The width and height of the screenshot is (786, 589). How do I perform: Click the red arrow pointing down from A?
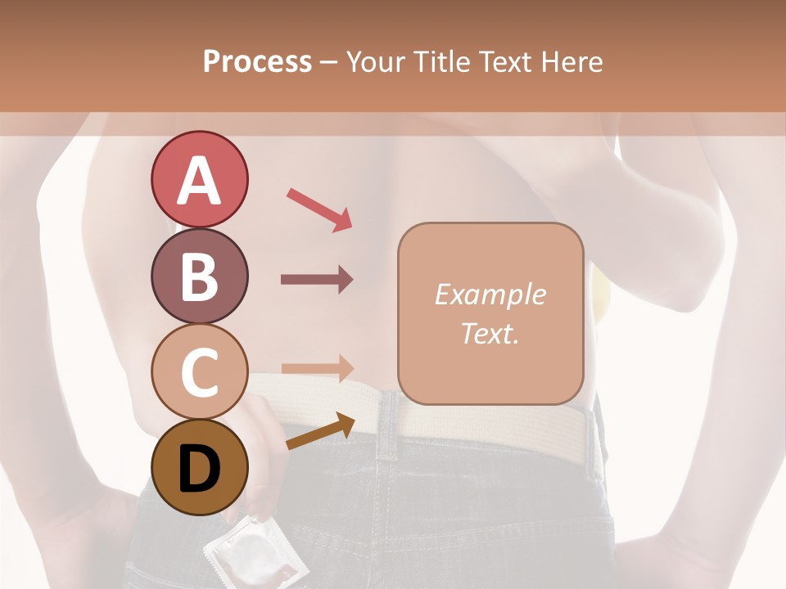coord(319,209)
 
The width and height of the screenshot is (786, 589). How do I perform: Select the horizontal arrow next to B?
coord(317,280)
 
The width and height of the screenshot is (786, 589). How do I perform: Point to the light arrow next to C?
coord(317,368)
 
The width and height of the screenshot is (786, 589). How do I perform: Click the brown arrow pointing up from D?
coord(320,432)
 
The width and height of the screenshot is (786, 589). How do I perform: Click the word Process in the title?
coord(257,61)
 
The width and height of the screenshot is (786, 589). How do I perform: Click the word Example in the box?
coord(490,294)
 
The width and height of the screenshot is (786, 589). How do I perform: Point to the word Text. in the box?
coord(490,333)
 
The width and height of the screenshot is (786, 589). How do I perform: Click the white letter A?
coord(199,181)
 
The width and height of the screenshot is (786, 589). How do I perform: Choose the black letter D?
coord(199,469)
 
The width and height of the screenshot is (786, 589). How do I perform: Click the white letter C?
coord(199,372)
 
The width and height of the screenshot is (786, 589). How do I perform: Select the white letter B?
coord(199,277)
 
